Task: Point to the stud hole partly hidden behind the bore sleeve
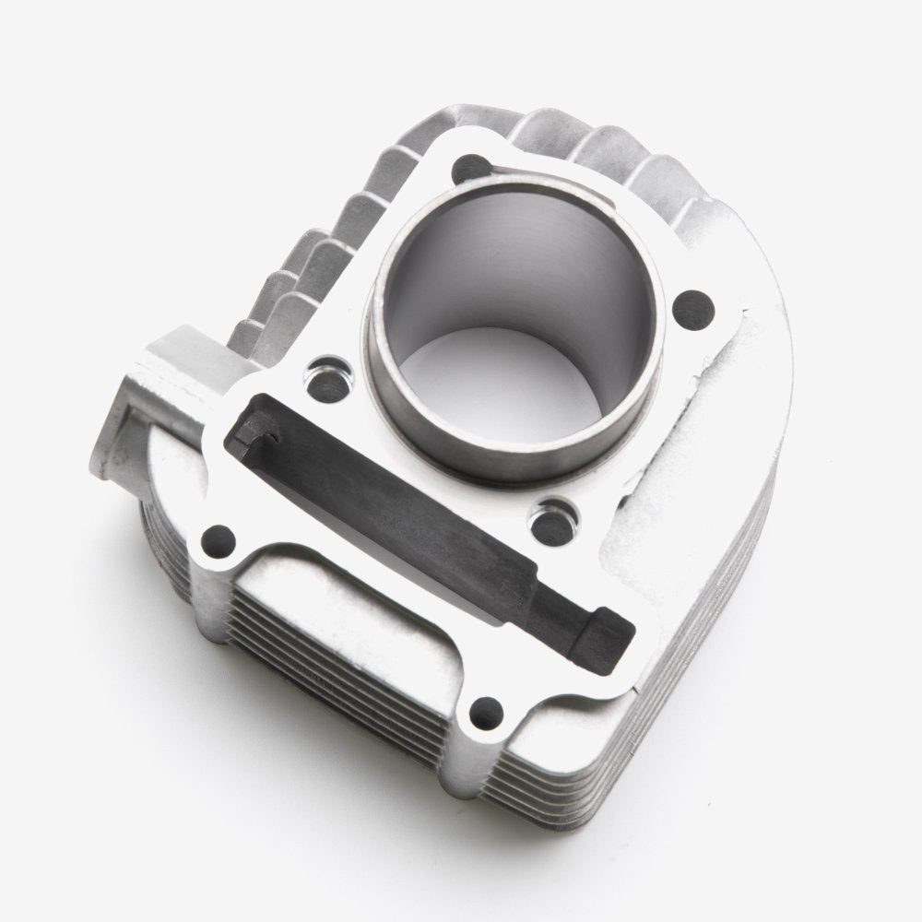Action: click(472, 168)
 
